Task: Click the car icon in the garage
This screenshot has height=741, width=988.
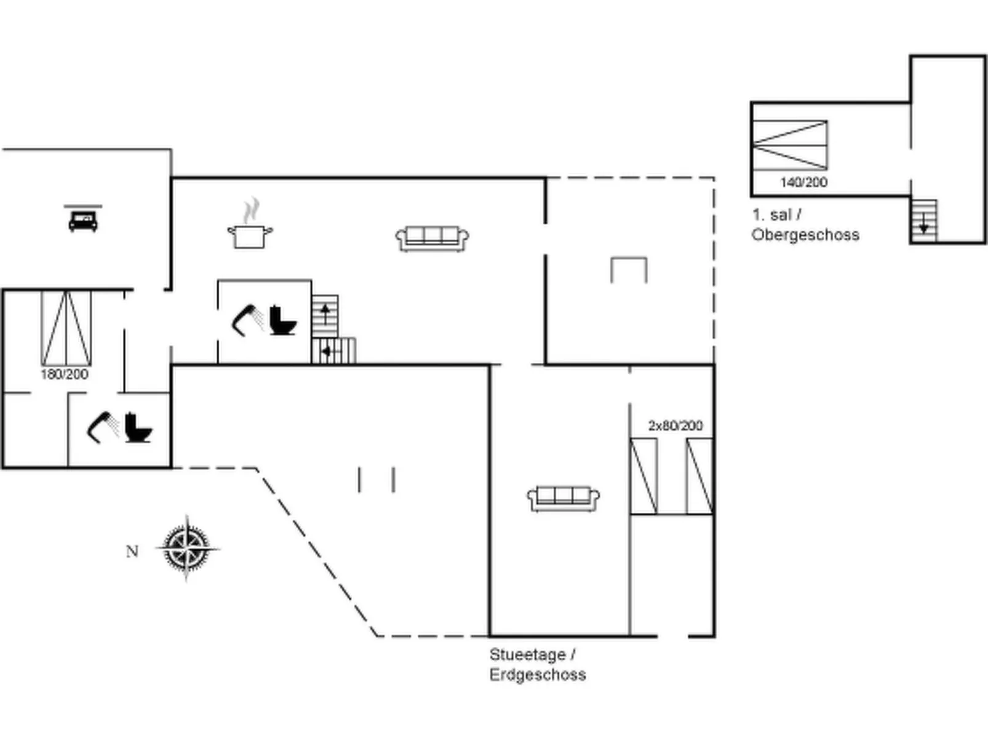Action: click(x=82, y=220)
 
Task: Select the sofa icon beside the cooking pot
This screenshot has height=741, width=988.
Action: click(x=432, y=238)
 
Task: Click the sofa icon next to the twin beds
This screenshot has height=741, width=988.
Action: click(x=563, y=497)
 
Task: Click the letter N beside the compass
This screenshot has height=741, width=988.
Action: click(x=132, y=552)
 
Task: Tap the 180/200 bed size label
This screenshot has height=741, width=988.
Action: click(x=65, y=374)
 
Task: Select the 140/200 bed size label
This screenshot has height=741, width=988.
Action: click(x=803, y=182)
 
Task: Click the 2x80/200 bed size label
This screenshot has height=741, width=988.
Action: click(x=675, y=426)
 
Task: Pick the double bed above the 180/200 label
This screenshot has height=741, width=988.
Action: click(x=66, y=328)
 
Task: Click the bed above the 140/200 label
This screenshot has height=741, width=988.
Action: click(x=790, y=145)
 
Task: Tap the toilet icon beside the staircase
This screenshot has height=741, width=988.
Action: click(x=283, y=320)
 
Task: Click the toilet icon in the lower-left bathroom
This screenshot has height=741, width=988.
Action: click(x=138, y=428)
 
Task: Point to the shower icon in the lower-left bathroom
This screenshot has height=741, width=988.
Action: click(x=103, y=426)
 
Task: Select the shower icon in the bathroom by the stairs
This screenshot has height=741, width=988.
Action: click(x=247, y=319)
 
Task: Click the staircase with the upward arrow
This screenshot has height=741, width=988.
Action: click(x=325, y=315)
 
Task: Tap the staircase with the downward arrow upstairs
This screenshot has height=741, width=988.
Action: click(x=923, y=221)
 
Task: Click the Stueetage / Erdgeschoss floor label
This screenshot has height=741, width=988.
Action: click(x=537, y=665)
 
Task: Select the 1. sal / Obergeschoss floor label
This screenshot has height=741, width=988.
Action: click(x=805, y=224)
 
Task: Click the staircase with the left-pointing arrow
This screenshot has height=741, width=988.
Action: click(x=333, y=351)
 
